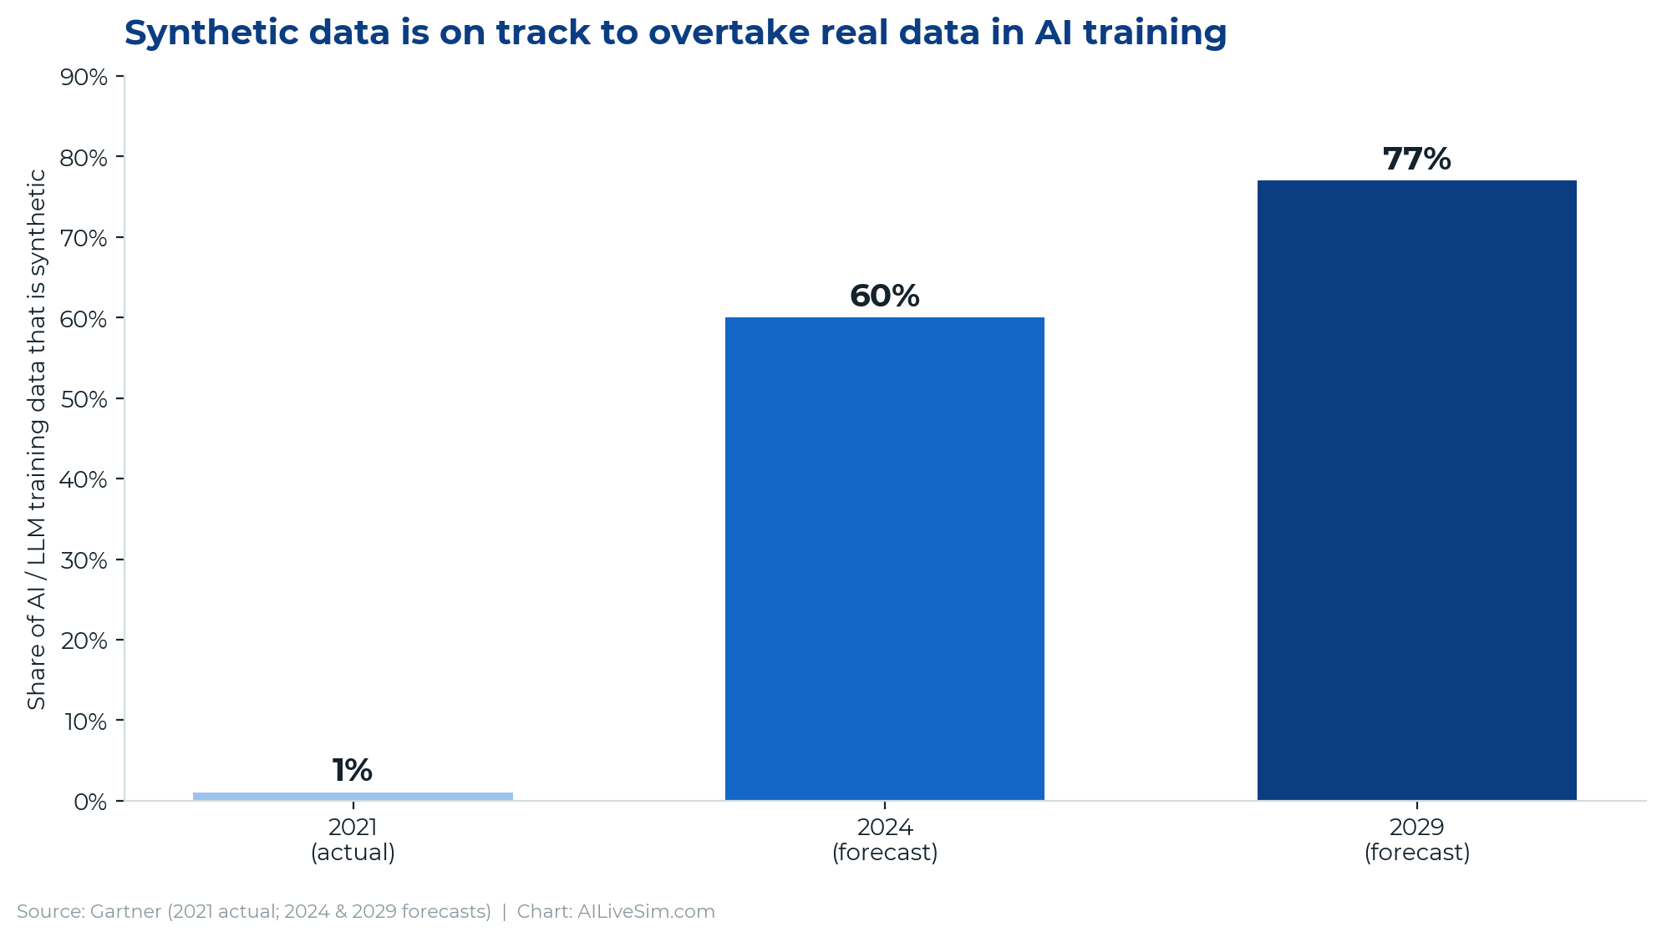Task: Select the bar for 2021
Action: coord(353,796)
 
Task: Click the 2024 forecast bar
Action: coord(885,559)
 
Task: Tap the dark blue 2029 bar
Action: coord(1417,490)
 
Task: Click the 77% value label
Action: coord(1417,160)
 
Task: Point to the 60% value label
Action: coord(885,296)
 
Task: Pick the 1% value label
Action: coord(353,771)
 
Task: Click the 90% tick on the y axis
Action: coord(84,78)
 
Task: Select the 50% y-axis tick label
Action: coord(84,399)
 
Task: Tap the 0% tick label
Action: coord(91,802)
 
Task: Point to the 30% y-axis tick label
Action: coord(84,560)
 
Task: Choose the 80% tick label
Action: coord(84,158)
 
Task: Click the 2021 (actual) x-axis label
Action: coord(353,840)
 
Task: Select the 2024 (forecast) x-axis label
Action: coord(885,840)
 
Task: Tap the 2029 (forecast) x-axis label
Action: coord(1417,840)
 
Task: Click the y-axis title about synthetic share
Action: coord(37,439)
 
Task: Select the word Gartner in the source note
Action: coord(126,911)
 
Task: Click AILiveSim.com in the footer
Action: coord(646,911)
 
